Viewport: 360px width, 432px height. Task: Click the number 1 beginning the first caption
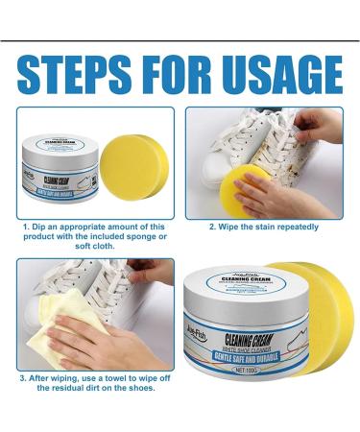tap(26, 228)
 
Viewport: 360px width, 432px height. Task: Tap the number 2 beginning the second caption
tap(211, 228)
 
